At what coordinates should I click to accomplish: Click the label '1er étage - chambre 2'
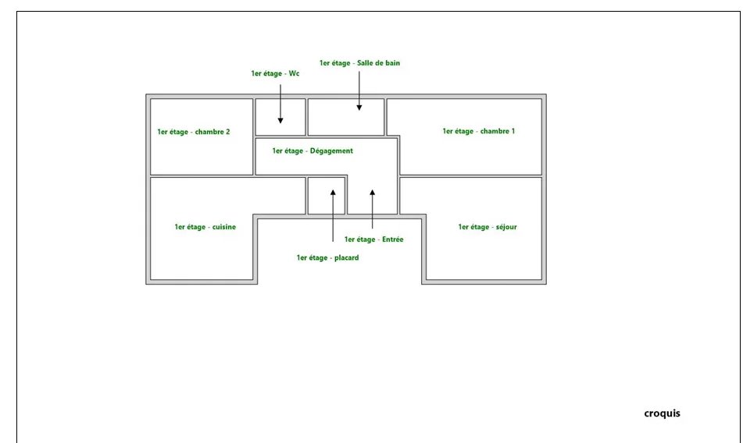193,132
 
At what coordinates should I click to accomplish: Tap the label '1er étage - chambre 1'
479,131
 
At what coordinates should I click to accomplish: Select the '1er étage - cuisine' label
205,227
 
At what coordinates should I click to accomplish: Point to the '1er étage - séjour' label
487,227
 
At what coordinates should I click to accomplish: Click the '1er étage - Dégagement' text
313,151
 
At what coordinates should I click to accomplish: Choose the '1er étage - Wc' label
275,73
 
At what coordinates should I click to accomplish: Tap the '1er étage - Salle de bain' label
359,63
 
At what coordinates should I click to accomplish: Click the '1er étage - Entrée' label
374,239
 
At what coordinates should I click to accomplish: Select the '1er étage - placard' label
327,257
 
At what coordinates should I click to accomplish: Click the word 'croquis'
662,413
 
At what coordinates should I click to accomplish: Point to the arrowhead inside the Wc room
280,121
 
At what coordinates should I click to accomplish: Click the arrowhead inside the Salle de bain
359,108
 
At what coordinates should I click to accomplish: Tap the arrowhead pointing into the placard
333,193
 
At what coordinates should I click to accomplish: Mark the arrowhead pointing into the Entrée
373,193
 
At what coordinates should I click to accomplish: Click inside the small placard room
327,196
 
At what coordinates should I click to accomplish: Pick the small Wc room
280,117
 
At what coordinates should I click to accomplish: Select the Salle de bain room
346,117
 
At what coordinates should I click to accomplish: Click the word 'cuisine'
224,227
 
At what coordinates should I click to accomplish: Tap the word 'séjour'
506,227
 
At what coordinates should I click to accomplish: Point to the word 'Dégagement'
331,151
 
